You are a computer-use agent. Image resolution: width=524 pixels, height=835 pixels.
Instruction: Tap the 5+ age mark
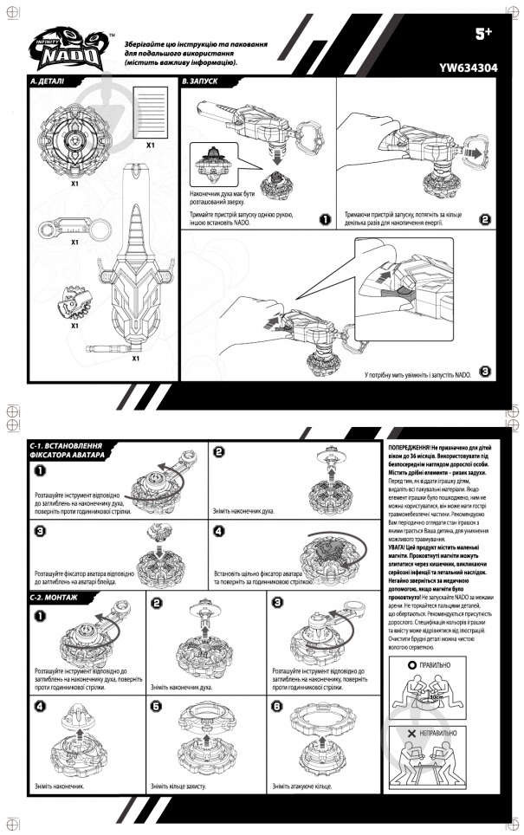(483, 34)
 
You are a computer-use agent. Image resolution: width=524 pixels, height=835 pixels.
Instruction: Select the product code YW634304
(468, 65)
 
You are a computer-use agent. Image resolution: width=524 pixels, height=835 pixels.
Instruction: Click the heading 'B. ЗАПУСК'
(200, 82)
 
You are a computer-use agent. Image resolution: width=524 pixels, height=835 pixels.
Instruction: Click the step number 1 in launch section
(323, 219)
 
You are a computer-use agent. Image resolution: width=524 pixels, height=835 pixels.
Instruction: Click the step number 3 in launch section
(485, 372)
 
